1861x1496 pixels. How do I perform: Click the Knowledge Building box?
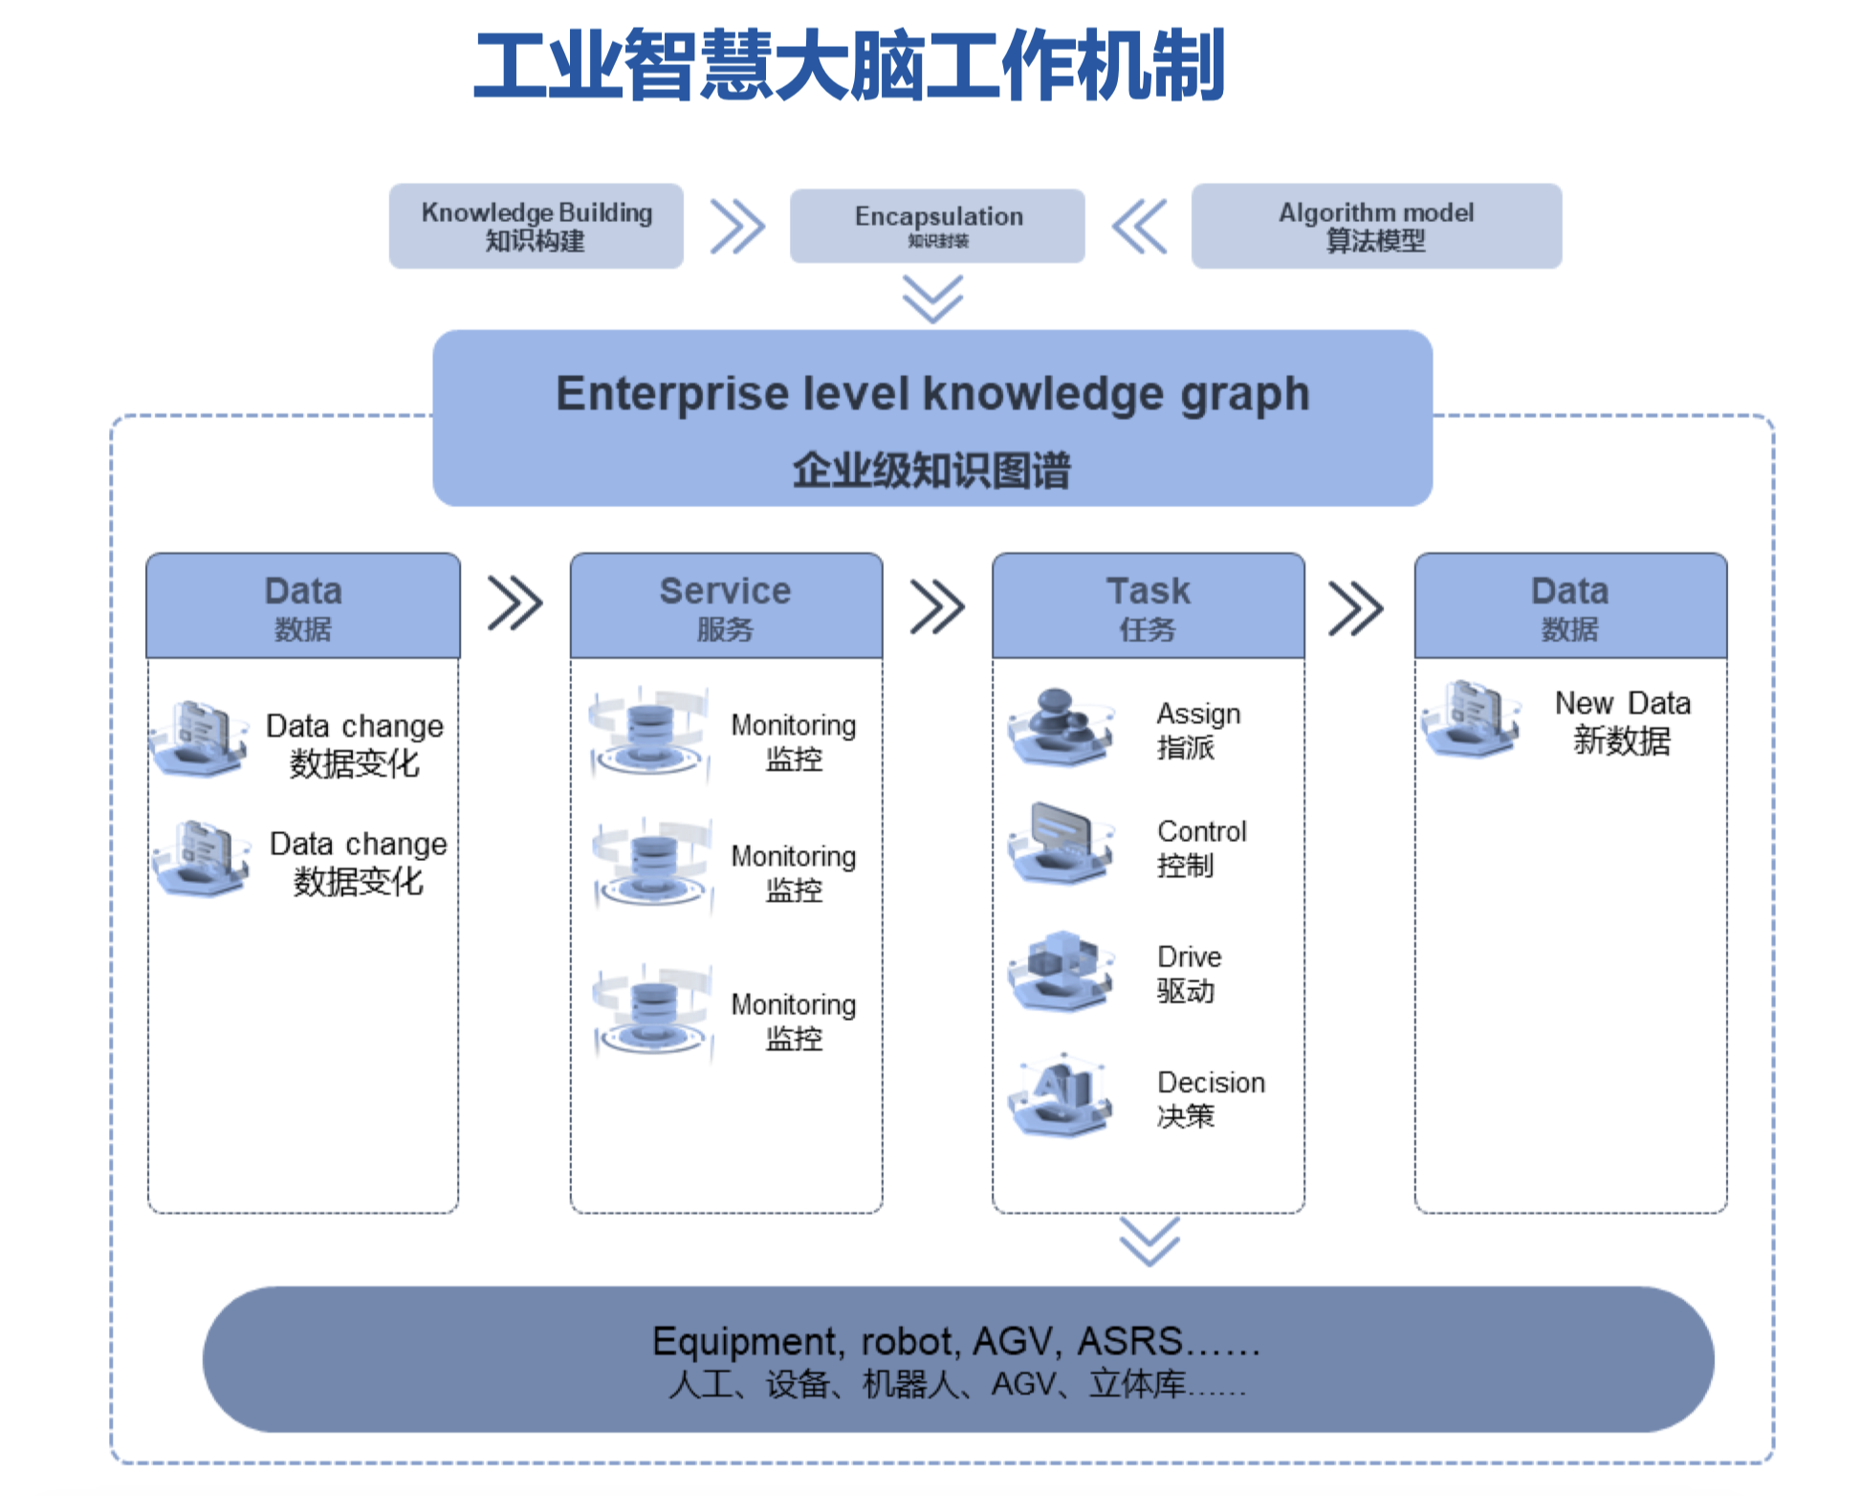(x=536, y=226)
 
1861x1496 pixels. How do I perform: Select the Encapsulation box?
(x=937, y=226)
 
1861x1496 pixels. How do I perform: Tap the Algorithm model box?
(x=1376, y=226)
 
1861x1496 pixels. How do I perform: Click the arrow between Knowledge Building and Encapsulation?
(x=737, y=227)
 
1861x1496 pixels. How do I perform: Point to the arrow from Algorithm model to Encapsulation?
(x=1139, y=227)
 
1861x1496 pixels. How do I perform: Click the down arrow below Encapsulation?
(x=932, y=299)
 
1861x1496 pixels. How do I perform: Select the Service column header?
(x=726, y=605)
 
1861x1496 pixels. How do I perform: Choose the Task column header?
(x=1148, y=605)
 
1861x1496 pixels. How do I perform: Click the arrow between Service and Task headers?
(x=937, y=606)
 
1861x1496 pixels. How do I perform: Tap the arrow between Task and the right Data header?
(x=1356, y=608)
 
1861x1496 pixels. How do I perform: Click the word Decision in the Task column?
(x=1211, y=1082)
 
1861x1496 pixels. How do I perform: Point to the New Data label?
(x=1622, y=721)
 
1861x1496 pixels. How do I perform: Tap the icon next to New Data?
(x=1471, y=719)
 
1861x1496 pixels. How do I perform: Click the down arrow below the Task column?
(x=1149, y=1242)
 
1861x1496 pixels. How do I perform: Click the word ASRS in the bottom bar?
(x=1129, y=1341)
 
